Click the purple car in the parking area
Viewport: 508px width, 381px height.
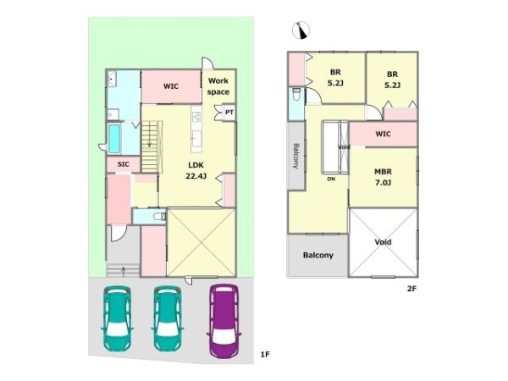coord(224,321)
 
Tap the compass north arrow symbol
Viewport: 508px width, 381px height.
coord(301,30)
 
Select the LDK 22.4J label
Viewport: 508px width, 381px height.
coord(196,170)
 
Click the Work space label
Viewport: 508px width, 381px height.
coord(218,86)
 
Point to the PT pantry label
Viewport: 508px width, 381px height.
coord(229,113)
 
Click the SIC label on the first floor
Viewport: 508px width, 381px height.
coord(123,164)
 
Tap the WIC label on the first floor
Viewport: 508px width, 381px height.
coord(171,86)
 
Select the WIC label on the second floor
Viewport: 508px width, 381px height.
coord(383,134)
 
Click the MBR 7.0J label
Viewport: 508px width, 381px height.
coord(383,177)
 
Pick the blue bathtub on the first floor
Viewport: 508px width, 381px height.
coord(114,139)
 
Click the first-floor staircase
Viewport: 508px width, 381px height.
coord(152,146)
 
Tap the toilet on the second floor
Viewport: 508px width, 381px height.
coord(296,94)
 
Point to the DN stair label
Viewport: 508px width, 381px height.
coord(331,179)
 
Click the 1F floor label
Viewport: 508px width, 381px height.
coord(265,355)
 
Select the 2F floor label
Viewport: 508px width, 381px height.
coord(411,289)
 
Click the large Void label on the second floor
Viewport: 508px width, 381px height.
coord(383,241)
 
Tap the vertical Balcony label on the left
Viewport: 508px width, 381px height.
coord(296,156)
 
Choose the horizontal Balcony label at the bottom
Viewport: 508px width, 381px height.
coord(317,256)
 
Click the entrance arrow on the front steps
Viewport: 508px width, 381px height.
coord(123,271)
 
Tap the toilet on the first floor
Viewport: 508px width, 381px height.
coord(159,216)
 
